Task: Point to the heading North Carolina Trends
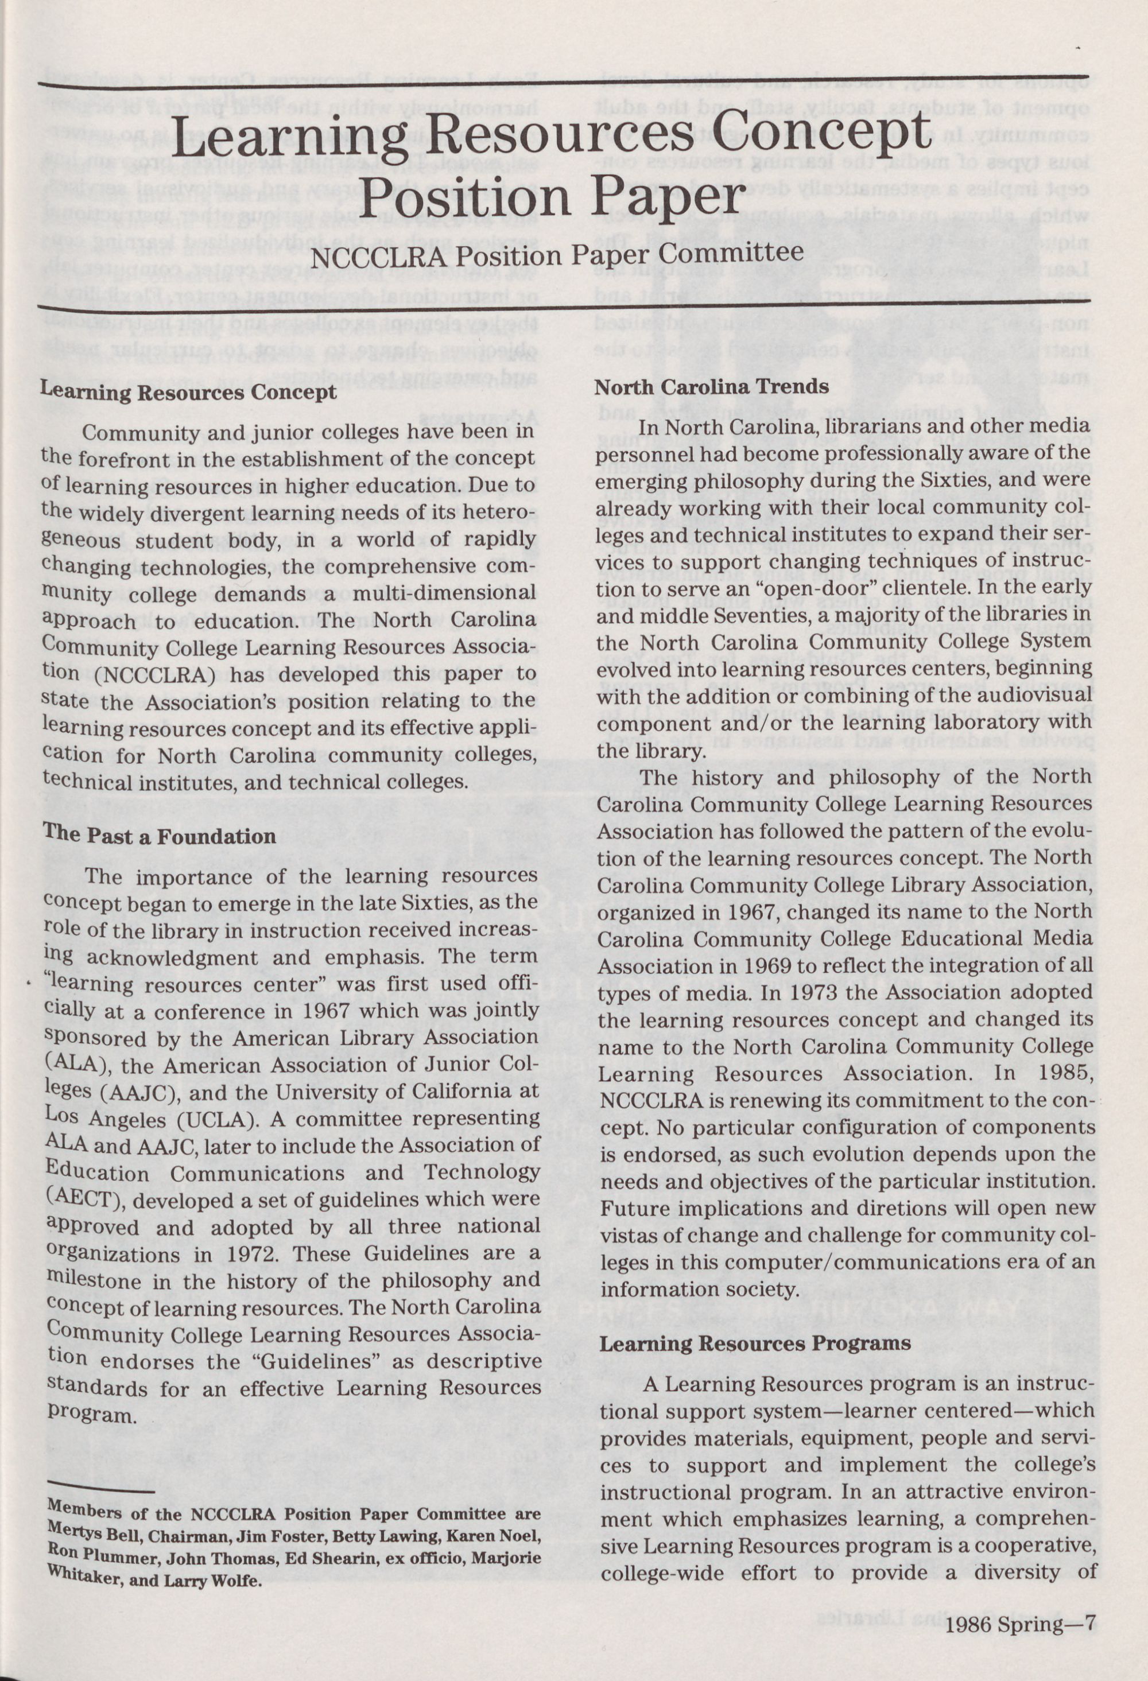[711, 386]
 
